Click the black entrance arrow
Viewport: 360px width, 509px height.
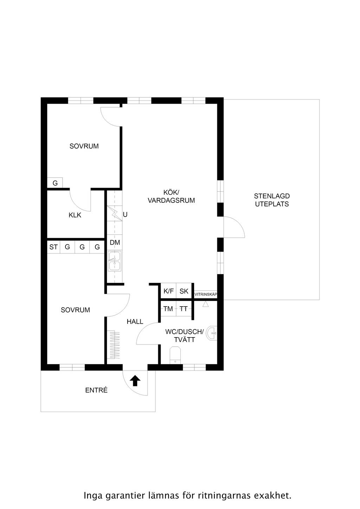coord(135,381)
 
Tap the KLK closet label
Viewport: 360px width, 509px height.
coord(75,215)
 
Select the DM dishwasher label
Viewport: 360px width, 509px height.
coord(115,243)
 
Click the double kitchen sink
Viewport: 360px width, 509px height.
coord(115,261)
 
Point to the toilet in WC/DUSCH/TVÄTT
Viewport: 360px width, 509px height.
coord(175,355)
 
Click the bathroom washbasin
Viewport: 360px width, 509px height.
coord(212,334)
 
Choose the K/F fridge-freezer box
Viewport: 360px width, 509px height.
coord(168,291)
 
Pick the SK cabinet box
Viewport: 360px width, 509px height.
coord(184,291)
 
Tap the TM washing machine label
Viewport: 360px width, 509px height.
coord(168,309)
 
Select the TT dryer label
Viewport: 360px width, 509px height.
coord(184,309)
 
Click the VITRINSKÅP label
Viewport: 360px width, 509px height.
coord(206,294)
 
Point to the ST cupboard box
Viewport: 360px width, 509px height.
coord(54,247)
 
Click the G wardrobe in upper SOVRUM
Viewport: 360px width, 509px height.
coord(55,183)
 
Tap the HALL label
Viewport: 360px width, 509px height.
coord(135,322)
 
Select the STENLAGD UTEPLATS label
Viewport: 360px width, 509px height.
coord(272,200)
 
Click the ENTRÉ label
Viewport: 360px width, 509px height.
coord(96,390)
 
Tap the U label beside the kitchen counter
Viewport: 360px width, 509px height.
coord(125,214)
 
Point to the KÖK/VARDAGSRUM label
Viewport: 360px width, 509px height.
coord(171,196)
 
